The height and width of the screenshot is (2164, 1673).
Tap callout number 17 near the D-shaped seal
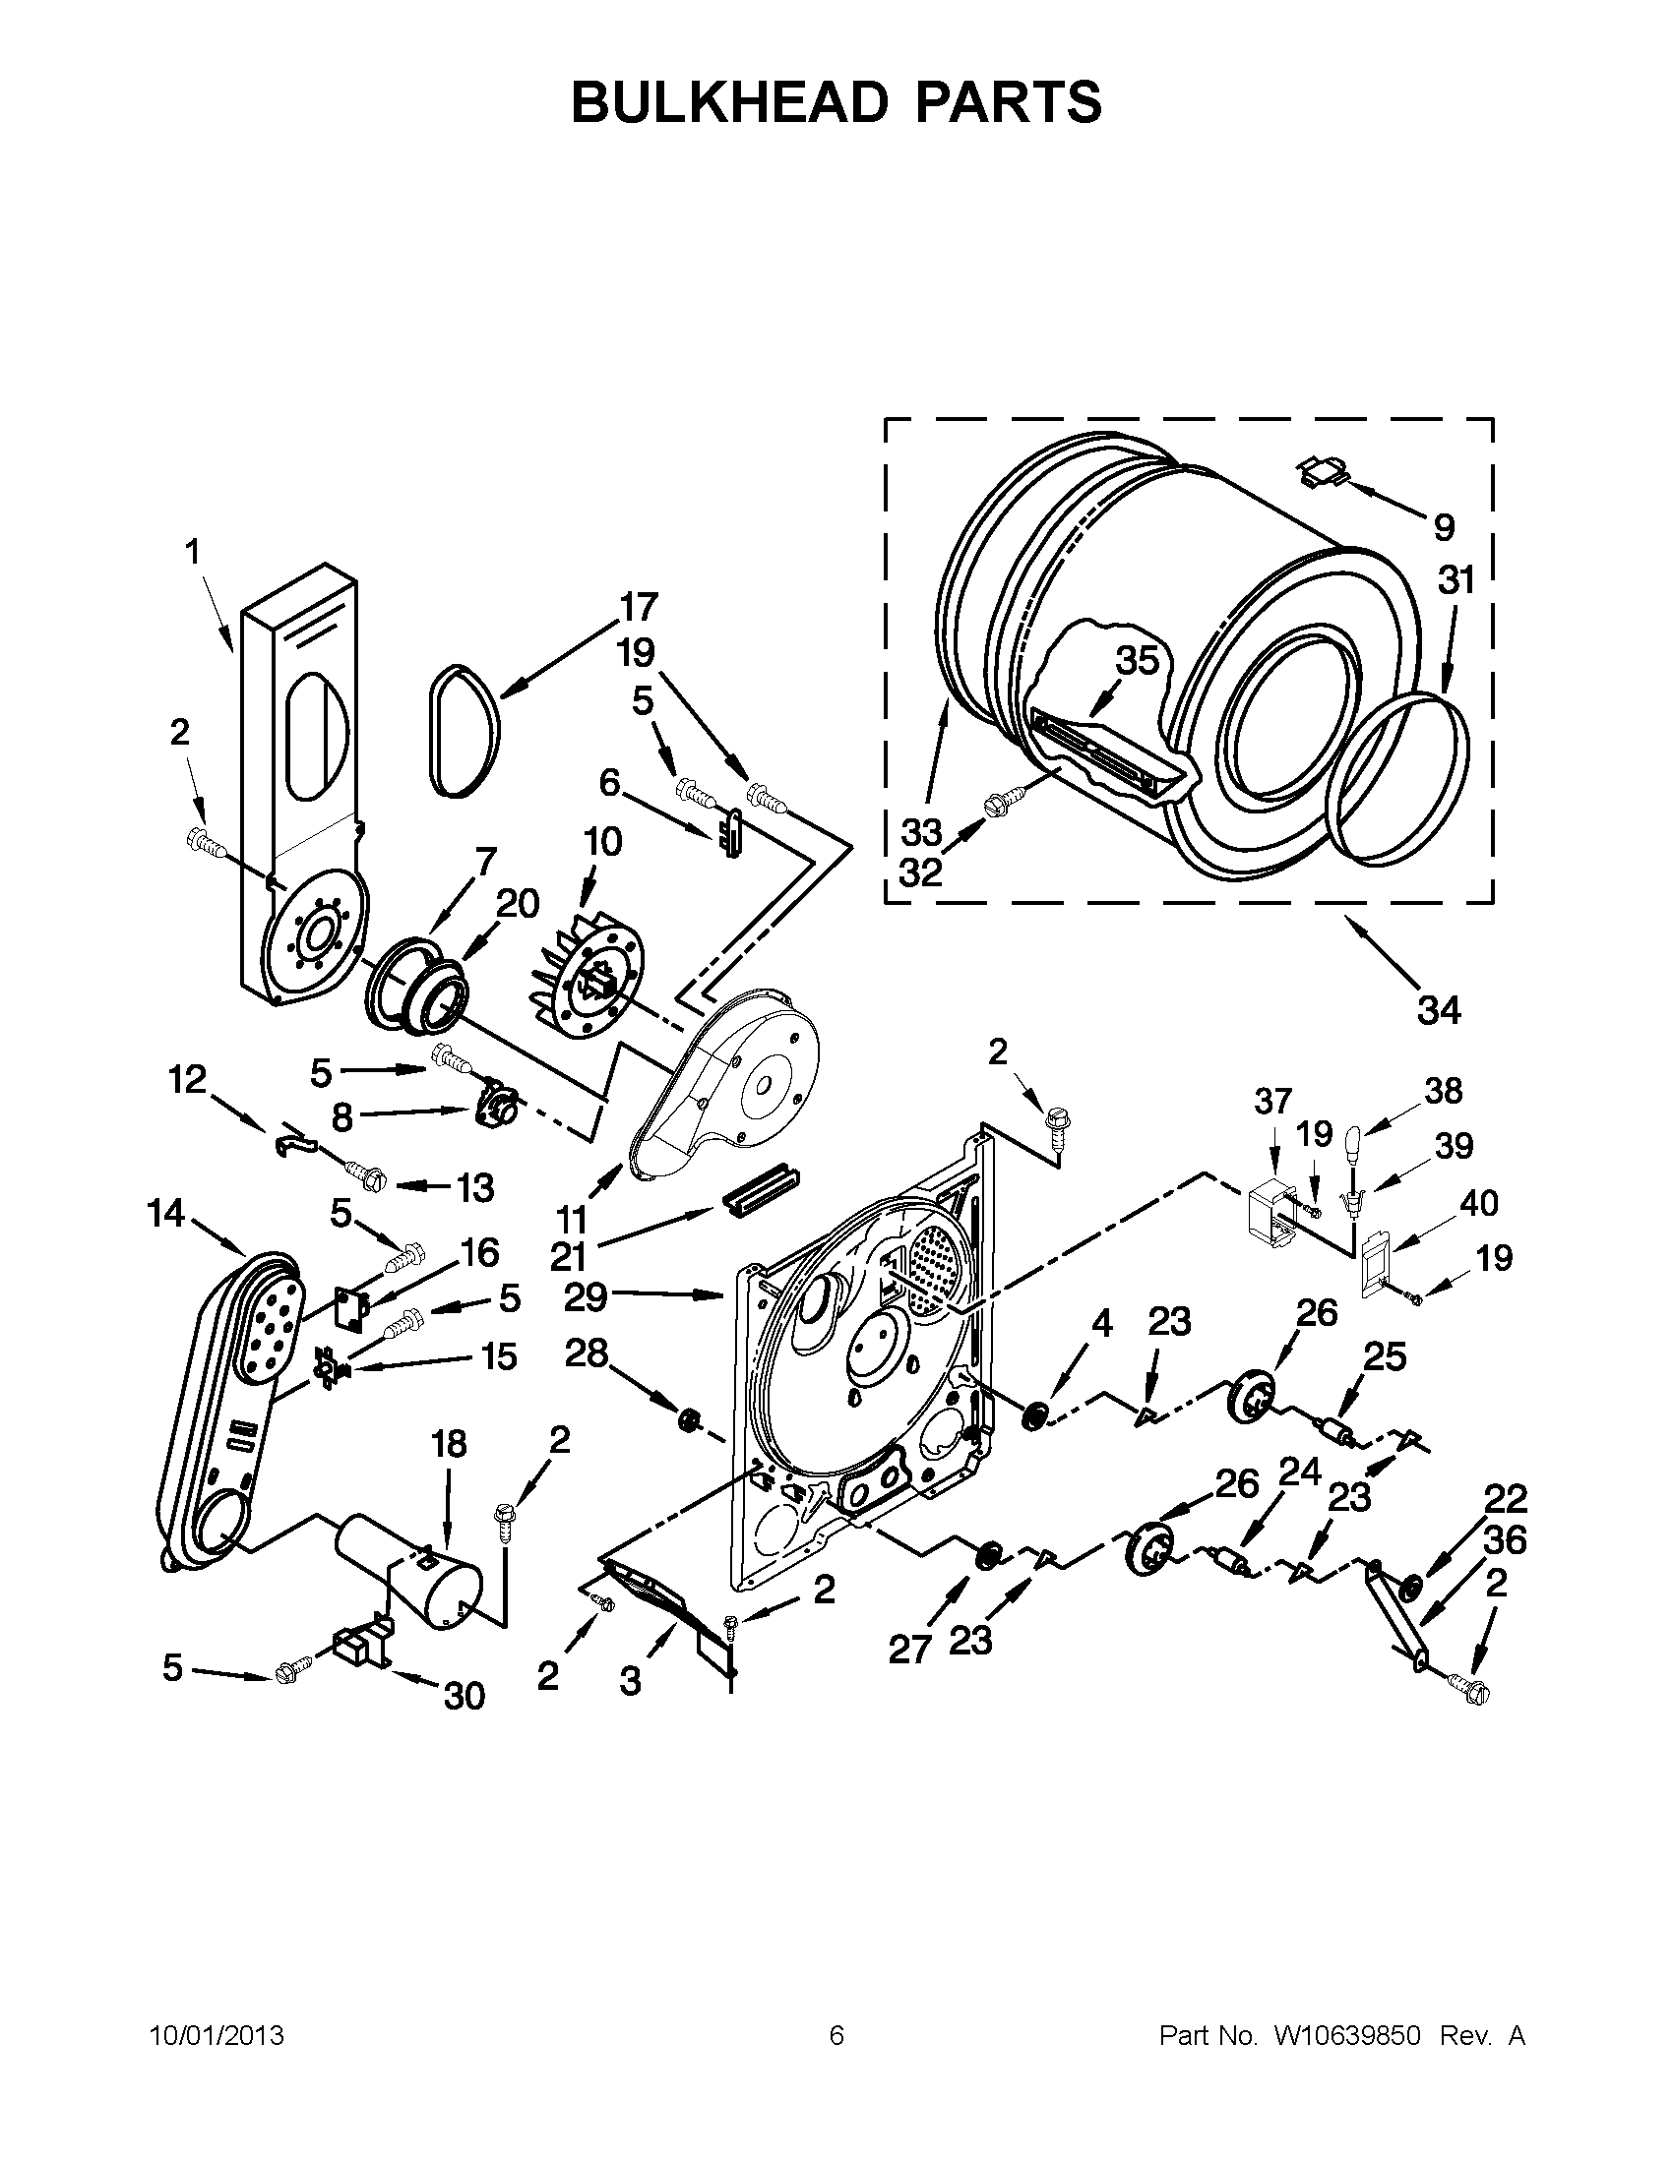[x=639, y=605]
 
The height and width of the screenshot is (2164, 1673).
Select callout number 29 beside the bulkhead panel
[x=585, y=1295]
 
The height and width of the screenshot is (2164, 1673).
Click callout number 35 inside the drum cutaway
[x=1137, y=660]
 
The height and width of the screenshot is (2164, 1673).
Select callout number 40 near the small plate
[x=1479, y=1203]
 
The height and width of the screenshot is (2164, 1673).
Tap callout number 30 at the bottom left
[x=463, y=1696]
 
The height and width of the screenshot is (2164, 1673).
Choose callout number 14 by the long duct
[x=166, y=1212]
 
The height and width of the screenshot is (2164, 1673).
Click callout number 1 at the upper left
[x=191, y=551]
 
